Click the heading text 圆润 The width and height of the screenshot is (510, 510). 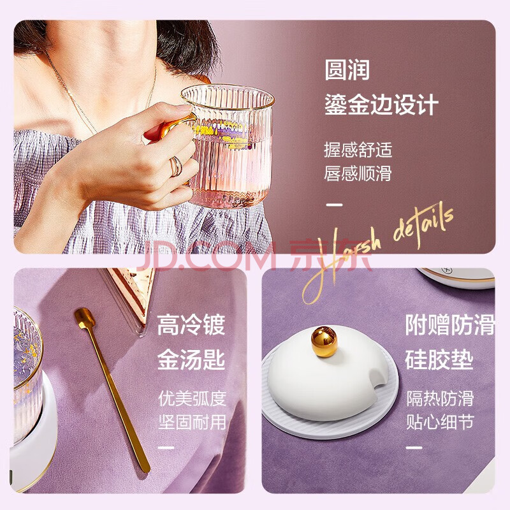point(347,69)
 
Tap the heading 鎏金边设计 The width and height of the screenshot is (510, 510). point(381,105)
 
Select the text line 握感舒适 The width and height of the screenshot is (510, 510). point(358,150)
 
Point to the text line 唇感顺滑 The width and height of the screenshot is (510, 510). point(358,173)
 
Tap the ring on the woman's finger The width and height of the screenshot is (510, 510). point(176,166)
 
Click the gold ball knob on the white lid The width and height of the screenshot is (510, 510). point(324,342)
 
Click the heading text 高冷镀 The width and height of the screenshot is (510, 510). point(191,324)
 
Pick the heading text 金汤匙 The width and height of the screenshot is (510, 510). point(191,359)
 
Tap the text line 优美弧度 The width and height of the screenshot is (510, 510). point(193,398)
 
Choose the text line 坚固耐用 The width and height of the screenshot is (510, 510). point(193,422)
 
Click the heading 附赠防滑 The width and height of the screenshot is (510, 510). point(450,324)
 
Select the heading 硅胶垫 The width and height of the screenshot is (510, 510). point(439,359)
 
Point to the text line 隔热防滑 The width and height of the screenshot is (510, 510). point(440,398)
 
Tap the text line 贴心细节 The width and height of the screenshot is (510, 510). point(440,422)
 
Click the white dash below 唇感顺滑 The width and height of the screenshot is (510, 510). point(334,205)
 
